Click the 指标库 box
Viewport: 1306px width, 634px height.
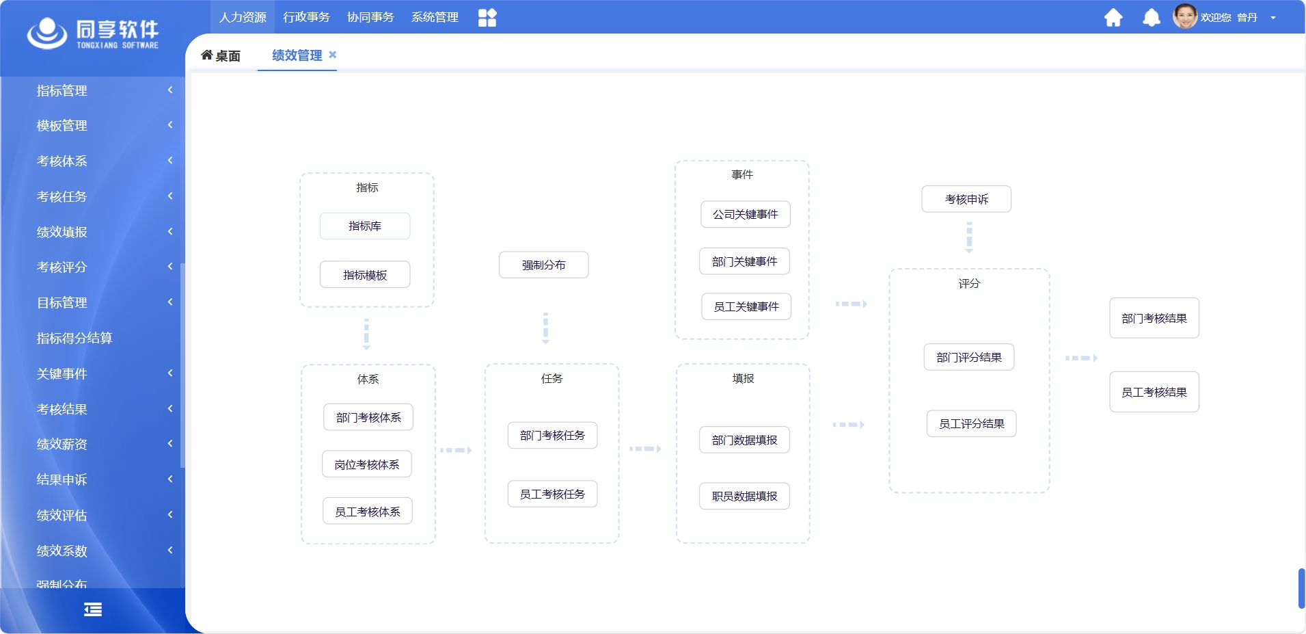(365, 226)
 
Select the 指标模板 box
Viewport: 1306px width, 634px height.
(365, 274)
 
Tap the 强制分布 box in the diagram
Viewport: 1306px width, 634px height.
(543, 265)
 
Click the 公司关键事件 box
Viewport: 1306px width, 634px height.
(745, 214)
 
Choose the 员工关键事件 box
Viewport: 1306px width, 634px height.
(746, 306)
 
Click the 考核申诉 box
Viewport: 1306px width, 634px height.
(966, 199)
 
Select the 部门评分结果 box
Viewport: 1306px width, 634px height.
(968, 357)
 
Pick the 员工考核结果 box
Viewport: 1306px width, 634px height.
(1154, 392)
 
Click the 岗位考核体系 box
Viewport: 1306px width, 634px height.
(367, 464)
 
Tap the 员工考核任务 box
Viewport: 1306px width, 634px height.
(552, 494)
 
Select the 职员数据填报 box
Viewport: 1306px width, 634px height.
(744, 496)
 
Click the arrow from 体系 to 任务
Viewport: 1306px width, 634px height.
(456, 450)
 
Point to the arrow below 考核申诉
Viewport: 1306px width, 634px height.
(969, 237)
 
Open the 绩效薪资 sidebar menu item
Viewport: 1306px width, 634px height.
(62, 444)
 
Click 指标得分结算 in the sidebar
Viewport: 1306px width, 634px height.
(74, 338)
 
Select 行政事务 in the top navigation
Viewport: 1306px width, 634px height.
(306, 17)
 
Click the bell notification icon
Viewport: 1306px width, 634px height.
(1151, 17)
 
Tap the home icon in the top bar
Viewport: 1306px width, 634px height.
(1113, 17)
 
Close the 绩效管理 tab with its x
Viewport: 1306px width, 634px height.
(333, 55)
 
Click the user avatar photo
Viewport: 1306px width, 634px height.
(1185, 16)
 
